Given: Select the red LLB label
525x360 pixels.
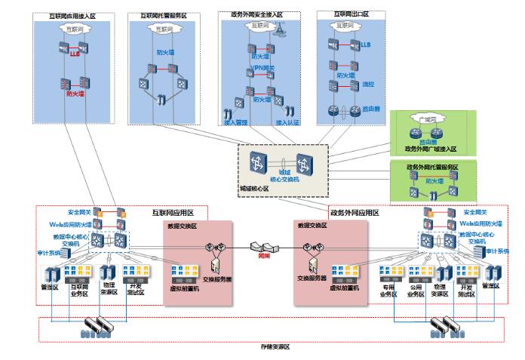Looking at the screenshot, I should point(75,54).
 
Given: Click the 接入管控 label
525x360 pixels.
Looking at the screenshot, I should point(235,122).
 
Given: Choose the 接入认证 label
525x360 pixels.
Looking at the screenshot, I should point(287,122).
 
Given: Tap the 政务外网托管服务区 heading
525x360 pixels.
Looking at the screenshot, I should point(432,167).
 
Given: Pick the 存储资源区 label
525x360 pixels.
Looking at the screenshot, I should point(275,346).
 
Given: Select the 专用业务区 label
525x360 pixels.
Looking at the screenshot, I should point(388,291).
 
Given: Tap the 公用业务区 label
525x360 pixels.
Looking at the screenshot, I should point(415,291).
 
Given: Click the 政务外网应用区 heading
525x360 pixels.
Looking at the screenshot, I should point(355,213).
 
